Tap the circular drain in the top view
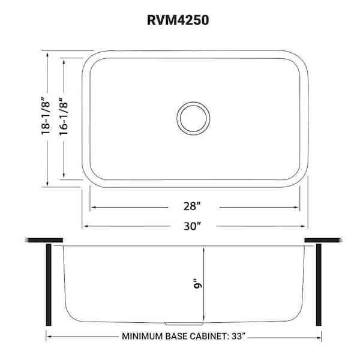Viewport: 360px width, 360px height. click(193, 114)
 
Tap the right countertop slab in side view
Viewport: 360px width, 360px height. click(323, 241)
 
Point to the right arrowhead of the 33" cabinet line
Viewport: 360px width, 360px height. click(319, 336)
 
